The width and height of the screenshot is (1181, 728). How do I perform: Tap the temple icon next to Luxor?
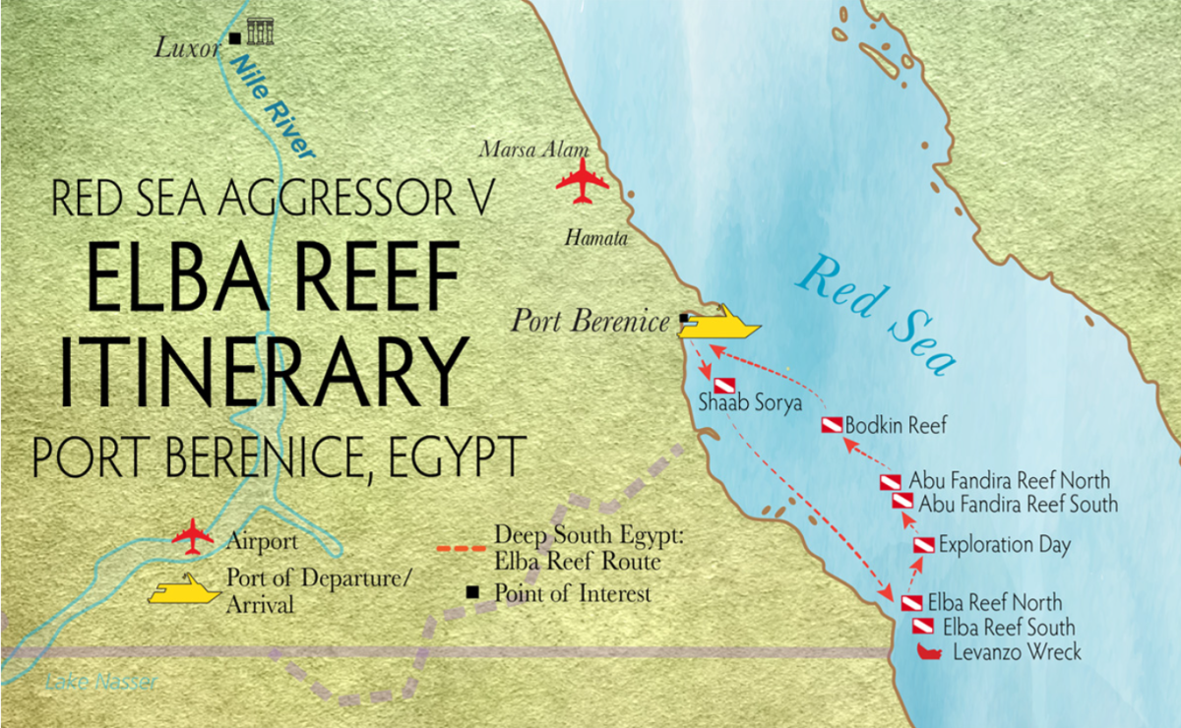click(260, 31)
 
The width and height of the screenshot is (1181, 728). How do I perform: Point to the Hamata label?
click(595, 237)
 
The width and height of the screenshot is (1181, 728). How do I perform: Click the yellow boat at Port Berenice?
click(720, 323)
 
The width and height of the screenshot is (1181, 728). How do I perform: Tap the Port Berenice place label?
click(590, 321)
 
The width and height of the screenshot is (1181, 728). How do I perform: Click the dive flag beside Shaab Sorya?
click(724, 385)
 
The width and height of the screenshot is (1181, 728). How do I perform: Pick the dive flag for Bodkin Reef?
click(833, 426)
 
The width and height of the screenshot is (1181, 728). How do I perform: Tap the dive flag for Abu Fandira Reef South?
click(902, 502)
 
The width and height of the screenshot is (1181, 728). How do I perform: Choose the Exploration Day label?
click(1005, 544)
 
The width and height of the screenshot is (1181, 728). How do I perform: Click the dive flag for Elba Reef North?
click(911, 602)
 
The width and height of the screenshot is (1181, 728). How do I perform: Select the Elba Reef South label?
click(1009, 627)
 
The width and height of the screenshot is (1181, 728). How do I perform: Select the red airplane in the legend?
click(193, 537)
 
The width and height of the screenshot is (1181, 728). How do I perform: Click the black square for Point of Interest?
click(473, 593)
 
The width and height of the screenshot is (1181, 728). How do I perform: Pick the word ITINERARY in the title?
click(260, 366)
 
